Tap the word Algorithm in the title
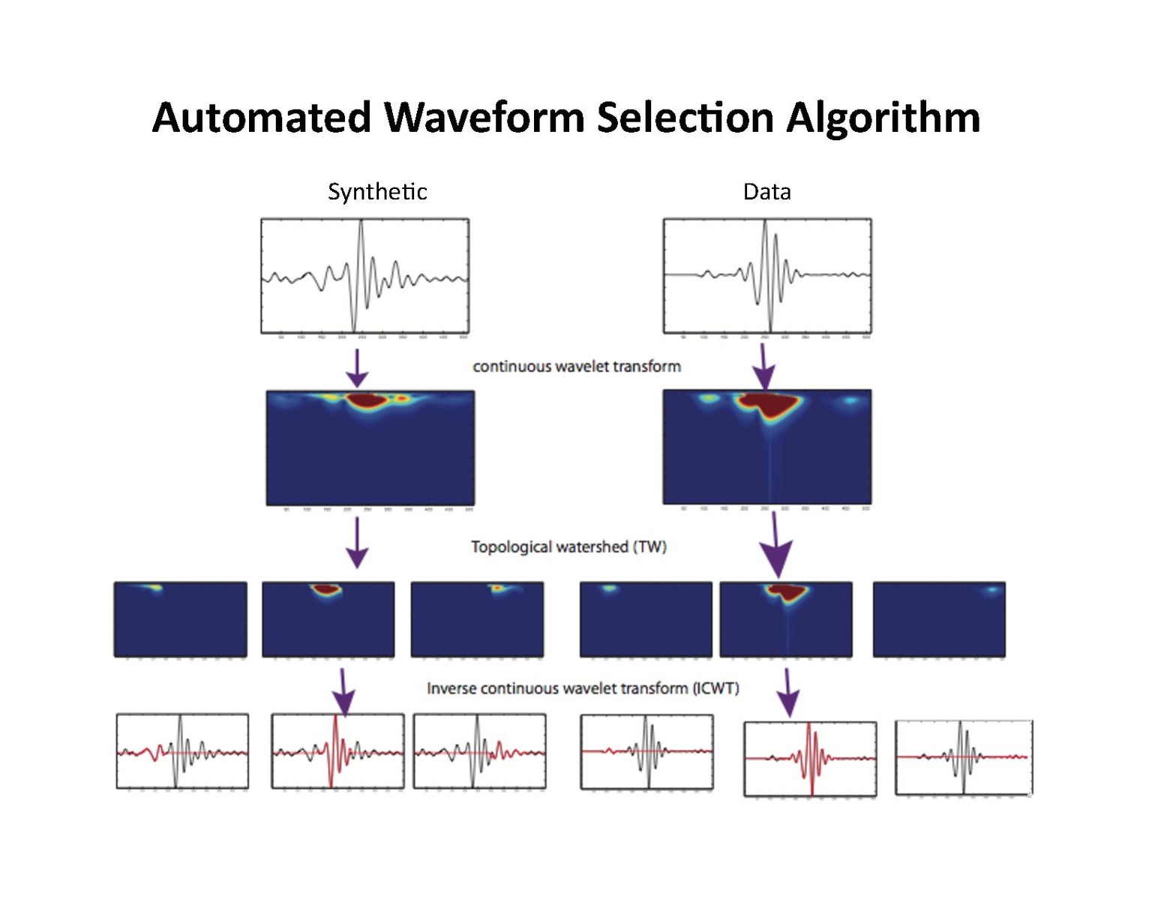point(883,118)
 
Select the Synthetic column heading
point(377,192)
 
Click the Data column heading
point(766,192)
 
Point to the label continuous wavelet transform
point(577,367)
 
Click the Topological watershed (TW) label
point(568,547)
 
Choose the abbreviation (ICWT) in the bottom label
point(715,688)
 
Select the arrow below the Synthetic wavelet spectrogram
point(357,543)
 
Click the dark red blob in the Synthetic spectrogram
point(365,400)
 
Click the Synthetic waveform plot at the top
point(364,276)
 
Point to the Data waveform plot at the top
point(767,276)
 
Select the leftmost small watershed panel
point(180,619)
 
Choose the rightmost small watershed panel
point(939,619)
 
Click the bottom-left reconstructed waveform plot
point(182,751)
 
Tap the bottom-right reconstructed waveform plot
point(964,757)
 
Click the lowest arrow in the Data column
point(787,693)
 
